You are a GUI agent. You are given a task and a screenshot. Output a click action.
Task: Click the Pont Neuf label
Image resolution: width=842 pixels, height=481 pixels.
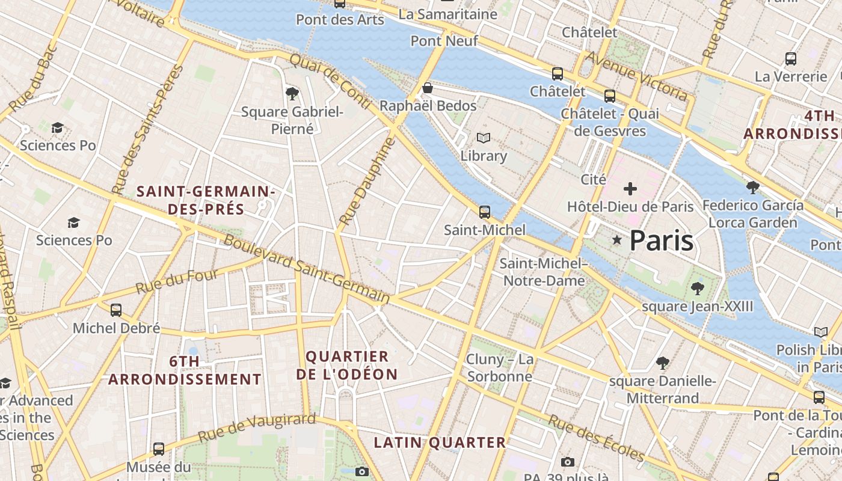[444, 41]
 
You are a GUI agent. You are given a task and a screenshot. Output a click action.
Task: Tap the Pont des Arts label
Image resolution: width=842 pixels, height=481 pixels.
[340, 20]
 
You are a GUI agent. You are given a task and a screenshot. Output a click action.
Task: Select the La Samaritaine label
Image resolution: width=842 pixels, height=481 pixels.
[448, 14]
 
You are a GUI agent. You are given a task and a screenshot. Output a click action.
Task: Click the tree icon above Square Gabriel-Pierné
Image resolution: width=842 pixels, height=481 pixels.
[292, 93]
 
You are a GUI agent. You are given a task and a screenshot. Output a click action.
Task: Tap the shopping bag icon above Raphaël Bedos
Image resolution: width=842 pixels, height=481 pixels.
[428, 88]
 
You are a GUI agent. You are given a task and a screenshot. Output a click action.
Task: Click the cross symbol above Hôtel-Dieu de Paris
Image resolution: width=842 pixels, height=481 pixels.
[630, 189]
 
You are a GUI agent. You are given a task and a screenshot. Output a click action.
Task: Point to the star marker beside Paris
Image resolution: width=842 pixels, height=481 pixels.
[616, 240]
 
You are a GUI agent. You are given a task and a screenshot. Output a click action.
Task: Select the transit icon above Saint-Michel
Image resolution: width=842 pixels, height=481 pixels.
[484, 212]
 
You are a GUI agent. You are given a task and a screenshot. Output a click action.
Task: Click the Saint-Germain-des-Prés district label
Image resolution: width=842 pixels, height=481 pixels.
[206, 200]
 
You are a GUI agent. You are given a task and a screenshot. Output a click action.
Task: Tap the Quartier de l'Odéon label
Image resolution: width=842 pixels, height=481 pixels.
[347, 365]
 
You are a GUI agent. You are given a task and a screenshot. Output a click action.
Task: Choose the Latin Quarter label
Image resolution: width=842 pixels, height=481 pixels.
[440, 443]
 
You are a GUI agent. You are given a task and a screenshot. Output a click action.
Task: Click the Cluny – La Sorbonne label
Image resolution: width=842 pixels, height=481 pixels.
[499, 368]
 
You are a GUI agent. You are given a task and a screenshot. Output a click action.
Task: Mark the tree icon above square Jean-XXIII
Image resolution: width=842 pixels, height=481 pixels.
[697, 289]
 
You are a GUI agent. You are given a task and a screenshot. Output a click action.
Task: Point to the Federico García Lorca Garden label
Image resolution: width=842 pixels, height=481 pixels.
[752, 213]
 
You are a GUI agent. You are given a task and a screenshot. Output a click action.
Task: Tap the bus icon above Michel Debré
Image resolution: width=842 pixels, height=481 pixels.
[116, 310]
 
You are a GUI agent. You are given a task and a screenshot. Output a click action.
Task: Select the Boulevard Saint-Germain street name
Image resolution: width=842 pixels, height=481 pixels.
[307, 269]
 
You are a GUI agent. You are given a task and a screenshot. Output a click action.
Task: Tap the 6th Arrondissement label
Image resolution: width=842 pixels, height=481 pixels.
[185, 370]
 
